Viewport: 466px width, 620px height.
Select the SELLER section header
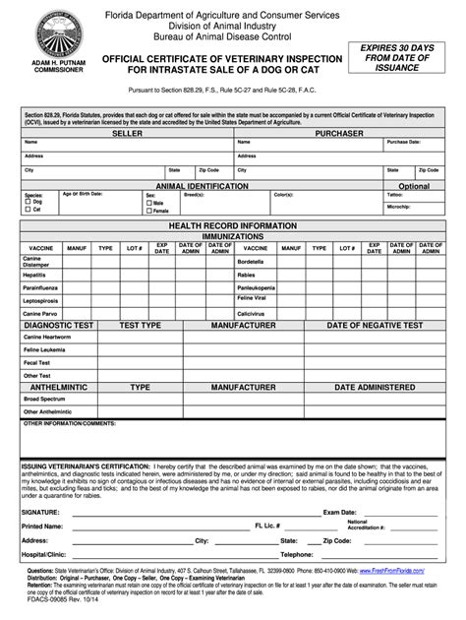coord(127,132)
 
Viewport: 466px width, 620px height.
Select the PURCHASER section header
coord(339,132)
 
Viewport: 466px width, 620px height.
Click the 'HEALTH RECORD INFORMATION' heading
coord(232,226)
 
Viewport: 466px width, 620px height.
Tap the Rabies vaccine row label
coord(247,275)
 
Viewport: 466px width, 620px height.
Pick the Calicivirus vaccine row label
coord(252,314)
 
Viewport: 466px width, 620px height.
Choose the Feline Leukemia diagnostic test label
coord(45,348)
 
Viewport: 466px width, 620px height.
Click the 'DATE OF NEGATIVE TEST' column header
coord(374,325)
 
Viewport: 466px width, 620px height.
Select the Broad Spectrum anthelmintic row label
coord(43,400)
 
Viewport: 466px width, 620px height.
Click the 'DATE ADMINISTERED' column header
coord(374,388)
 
